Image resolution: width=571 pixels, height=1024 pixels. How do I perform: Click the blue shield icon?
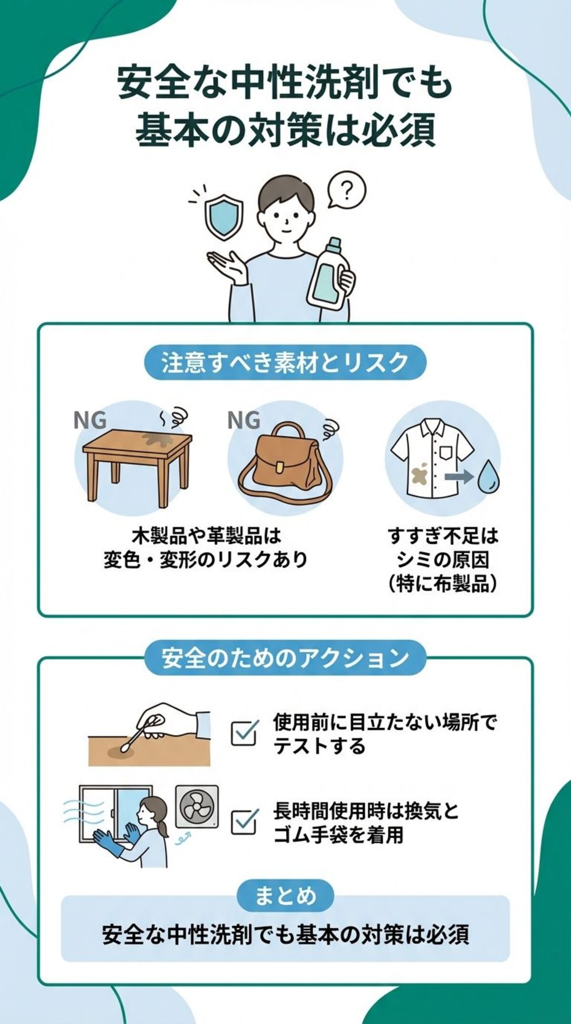[x=224, y=219]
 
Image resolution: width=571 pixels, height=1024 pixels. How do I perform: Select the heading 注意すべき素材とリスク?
[x=285, y=362]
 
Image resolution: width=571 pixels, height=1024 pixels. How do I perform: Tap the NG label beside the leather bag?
[x=244, y=421]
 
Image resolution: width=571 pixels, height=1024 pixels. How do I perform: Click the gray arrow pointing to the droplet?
[x=457, y=476]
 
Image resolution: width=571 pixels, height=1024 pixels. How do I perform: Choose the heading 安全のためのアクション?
[x=285, y=658]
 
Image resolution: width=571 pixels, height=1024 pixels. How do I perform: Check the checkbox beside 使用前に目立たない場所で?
[x=245, y=733]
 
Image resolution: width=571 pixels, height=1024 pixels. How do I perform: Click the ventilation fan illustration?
[x=197, y=806]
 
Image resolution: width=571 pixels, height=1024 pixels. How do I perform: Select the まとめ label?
[x=285, y=896]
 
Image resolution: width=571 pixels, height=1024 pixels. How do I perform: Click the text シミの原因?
[x=443, y=560]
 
